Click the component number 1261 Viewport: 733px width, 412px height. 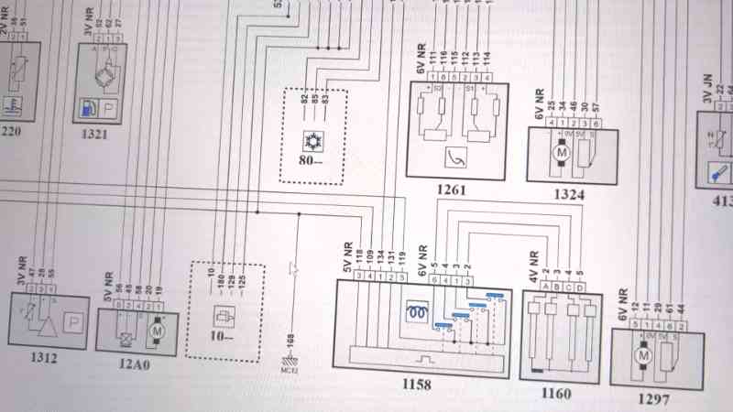[x=452, y=190]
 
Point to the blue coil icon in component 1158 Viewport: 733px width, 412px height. [x=418, y=311]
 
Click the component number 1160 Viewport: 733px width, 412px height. [x=556, y=394]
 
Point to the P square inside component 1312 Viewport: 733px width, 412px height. [x=72, y=323]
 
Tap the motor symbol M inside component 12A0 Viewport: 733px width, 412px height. [x=156, y=327]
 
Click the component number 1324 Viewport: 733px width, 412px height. [x=568, y=194]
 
